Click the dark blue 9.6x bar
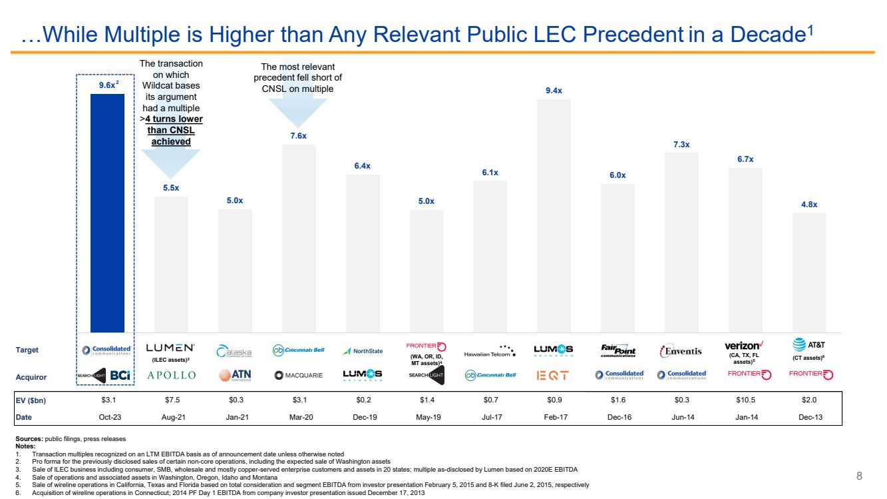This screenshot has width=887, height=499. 107,213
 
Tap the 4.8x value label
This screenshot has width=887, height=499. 809,205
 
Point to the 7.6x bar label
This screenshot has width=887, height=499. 299,136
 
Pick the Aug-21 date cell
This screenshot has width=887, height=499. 171,416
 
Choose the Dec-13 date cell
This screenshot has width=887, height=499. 808,416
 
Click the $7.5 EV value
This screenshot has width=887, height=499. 171,400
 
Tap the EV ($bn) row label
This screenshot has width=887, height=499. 31,400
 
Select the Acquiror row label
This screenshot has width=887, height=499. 31,376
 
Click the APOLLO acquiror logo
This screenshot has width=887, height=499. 171,375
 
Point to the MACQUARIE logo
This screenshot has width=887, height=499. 299,375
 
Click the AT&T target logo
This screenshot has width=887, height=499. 809,344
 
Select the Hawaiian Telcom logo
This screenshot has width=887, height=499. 490,351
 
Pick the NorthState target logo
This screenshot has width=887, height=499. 363,351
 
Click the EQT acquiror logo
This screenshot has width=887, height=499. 553,375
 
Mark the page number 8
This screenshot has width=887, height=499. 858,476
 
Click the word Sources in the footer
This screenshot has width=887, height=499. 28,438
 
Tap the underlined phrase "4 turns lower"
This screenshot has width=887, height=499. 174,119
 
